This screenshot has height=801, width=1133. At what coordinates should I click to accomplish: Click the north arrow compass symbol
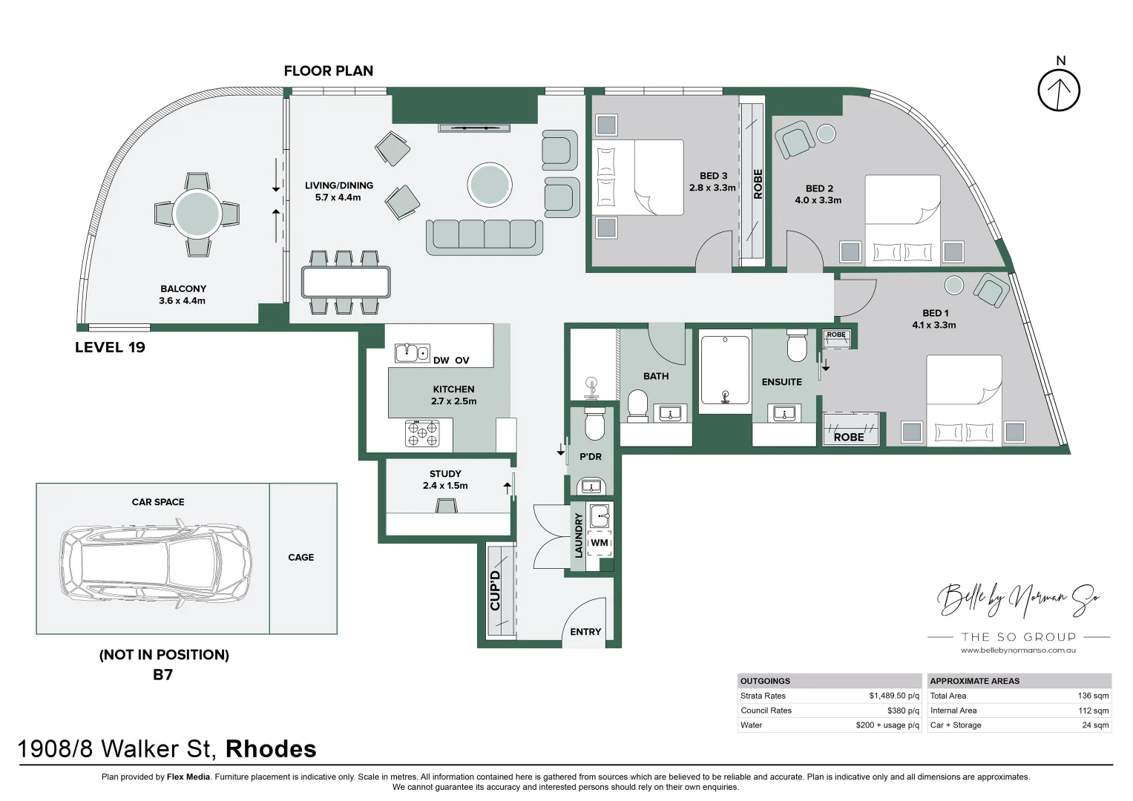(x=1059, y=90)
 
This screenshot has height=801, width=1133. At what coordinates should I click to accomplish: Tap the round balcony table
(x=197, y=214)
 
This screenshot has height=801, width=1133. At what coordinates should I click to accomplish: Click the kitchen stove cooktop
(x=422, y=433)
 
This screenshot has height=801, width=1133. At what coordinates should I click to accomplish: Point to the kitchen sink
(x=413, y=353)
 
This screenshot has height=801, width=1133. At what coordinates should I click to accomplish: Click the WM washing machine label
(x=600, y=543)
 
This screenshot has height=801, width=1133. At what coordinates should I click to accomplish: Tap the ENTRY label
(x=585, y=632)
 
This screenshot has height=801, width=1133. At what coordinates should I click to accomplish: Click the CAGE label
(x=301, y=557)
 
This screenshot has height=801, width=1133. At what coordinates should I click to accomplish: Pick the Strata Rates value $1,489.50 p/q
(x=894, y=696)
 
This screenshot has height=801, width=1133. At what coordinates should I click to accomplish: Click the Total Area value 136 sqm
(x=1093, y=696)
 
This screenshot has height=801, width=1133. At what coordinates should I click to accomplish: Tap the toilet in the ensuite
(x=797, y=346)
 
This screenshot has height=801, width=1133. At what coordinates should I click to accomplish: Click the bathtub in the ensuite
(x=725, y=371)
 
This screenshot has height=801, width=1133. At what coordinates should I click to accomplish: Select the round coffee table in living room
(x=489, y=185)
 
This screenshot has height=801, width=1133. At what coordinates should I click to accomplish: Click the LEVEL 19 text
(x=110, y=347)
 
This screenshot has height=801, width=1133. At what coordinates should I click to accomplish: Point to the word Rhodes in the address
(x=271, y=749)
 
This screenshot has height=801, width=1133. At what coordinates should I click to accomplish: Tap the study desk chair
(x=446, y=506)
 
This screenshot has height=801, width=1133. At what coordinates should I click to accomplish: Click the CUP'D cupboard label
(x=495, y=590)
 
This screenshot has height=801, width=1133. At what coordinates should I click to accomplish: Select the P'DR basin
(x=591, y=486)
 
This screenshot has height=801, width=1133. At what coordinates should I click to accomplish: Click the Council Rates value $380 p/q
(x=903, y=711)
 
